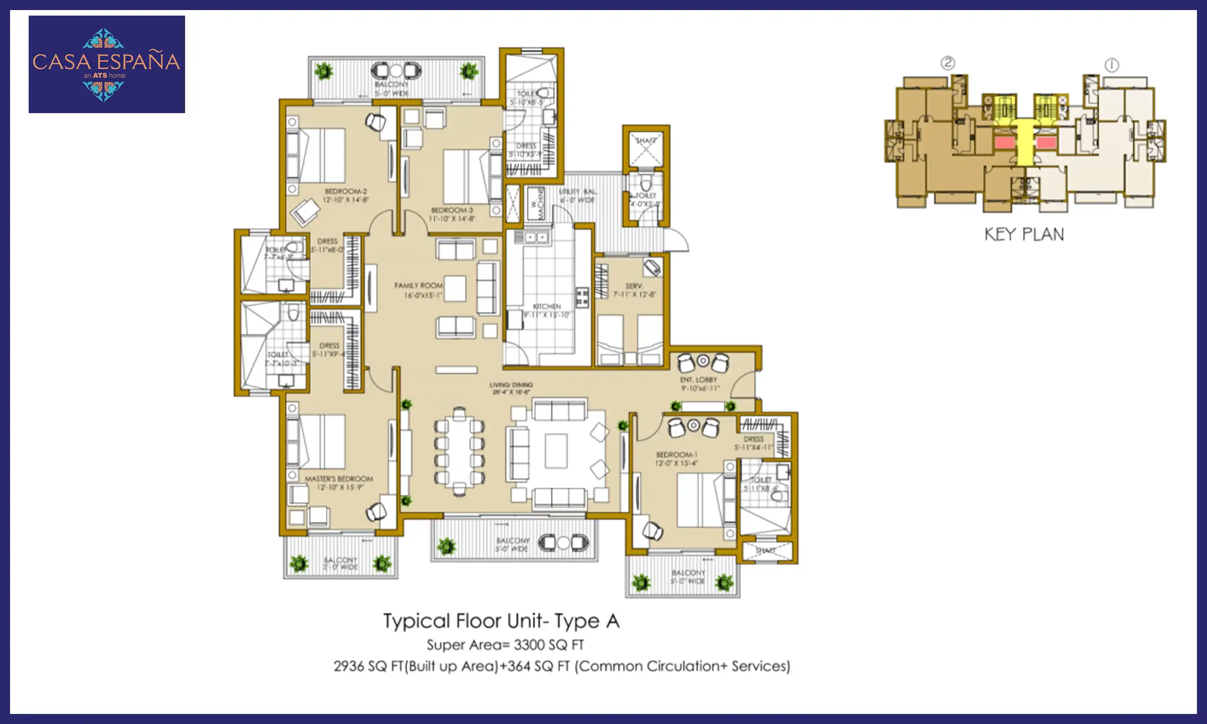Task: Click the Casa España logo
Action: [107, 64]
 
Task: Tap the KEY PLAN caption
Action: [1024, 234]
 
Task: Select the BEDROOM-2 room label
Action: [346, 192]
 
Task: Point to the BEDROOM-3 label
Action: [452, 210]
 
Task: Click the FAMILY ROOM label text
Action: [418, 286]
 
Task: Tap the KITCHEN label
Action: [547, 306]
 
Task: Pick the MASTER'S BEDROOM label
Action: [339, 479]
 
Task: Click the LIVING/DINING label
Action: [511, 385]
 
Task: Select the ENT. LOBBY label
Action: [699, 380]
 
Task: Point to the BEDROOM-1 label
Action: [676, 455]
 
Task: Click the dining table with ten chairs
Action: [459, 451]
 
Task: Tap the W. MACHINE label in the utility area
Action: [537, 204]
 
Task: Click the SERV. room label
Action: [634, 286]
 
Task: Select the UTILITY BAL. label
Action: [578, 192]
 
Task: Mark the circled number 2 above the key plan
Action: [947, 63]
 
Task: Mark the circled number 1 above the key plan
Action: [1111, 65]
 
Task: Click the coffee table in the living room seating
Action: [556, 451]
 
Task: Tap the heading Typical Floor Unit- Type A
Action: [501, 621]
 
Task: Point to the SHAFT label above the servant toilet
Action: [645, 140]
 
